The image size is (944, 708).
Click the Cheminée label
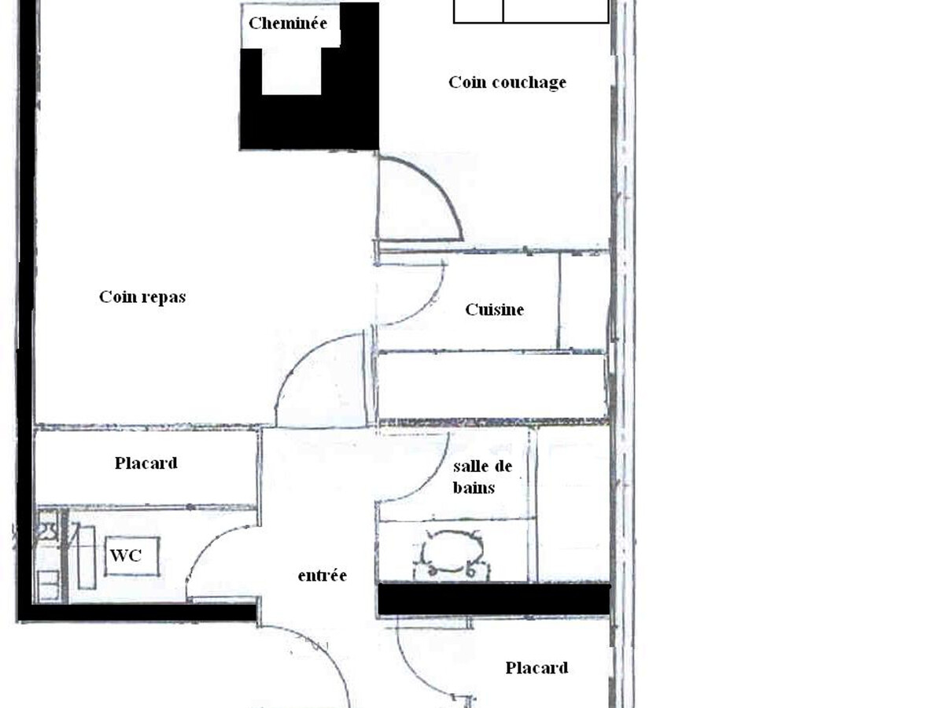[x=288, y=24]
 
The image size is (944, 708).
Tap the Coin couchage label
[x=507, y=83]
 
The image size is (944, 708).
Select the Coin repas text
[x=142, y=297]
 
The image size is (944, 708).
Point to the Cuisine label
[x=494, y=309]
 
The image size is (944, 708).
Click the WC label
[x=126, y=556]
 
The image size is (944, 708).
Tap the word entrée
[x=322, y=575]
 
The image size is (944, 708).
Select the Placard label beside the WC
[x=146, y=463]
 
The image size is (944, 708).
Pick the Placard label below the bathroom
[x=537, y=668]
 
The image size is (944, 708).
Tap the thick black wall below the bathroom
[x=494, y=599]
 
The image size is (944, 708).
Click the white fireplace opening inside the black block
[x=292, y=72]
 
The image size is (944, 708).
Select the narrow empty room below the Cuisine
[x=492, y=385]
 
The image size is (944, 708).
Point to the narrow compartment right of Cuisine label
[x=584, y=301]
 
